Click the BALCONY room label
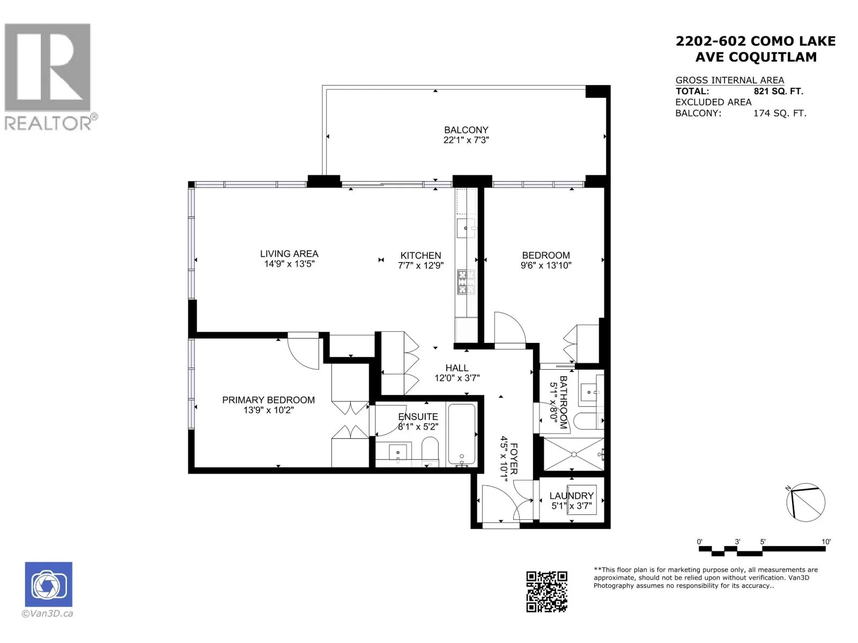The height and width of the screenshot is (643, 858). click(466, 130)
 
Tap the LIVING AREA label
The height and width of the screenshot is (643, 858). click(289, 254)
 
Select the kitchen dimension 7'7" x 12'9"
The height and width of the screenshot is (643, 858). click(420, 265)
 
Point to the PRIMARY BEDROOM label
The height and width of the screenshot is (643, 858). click(268, 400)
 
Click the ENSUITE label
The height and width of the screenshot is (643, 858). click(418, 416)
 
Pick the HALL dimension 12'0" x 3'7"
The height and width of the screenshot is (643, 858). click(457, 378)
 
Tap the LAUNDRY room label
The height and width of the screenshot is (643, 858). click(572, 496)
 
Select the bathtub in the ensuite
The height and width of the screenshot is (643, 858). click(462, 435)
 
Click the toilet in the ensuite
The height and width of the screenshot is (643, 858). click(430, 451)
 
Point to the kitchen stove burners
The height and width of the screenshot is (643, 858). click(466, 282)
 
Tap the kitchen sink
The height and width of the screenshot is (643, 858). click(465, 228)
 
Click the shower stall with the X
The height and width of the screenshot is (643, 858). click(573, 454)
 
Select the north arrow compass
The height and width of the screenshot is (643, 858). click(805, 502)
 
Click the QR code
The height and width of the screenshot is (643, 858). click(546, 591)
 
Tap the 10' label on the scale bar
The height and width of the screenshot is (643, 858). click(825, 542)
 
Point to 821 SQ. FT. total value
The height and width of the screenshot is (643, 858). click(778, 91)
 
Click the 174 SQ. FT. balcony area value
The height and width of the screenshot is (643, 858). click(780, 113)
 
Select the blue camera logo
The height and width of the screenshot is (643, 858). click(48, 584)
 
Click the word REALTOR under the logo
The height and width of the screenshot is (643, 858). click(48, 123)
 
